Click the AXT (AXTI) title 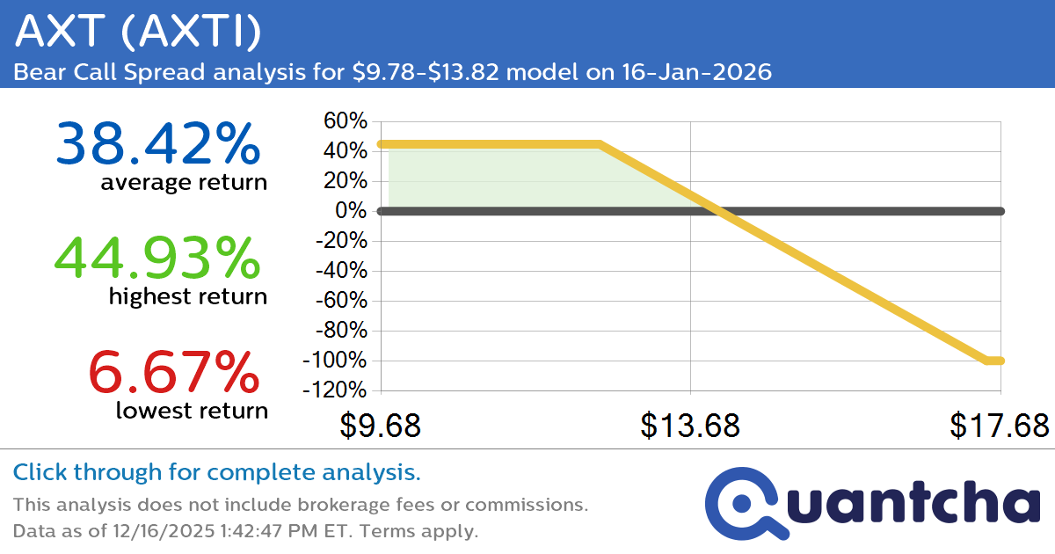tap(139, 33)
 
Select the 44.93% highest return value tap(158, 258)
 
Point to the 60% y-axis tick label tap(346, 120)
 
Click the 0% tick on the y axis tap(353, 211)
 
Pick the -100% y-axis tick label tap(336, 361)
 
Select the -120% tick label tap(336, 390)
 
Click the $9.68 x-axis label tap(380, 426)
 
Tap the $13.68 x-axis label tap(690, 426)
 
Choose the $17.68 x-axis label tap(1000, 426)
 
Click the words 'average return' tap(184, 183)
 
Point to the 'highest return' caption tap(188, 297)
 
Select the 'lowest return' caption tap(192, 411)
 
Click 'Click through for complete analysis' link tap(216, 473)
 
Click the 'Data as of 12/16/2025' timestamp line tap(245, 531)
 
